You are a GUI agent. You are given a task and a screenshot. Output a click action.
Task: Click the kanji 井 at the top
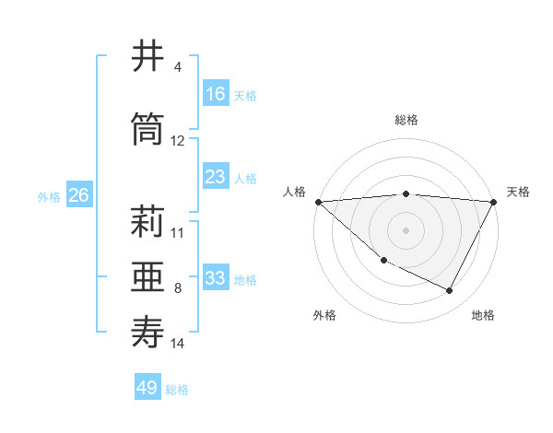[x=148, y=56]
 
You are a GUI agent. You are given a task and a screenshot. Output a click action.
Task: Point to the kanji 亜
[x=148, y=276]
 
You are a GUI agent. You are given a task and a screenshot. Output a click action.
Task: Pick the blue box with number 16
[x=216, y=94]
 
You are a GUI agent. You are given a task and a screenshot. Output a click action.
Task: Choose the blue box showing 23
[x=216, y=177]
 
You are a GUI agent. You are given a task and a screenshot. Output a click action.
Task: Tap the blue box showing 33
[x=216, y=278]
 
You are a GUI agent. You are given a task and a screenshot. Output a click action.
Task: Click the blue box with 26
[x=78, y=195]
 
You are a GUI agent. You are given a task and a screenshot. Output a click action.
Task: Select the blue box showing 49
[x=147, y=388]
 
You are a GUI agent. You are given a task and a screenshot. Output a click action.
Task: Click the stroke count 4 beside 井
[x=178, y=67]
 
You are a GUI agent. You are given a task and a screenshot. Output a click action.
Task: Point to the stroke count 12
[x=178, y=141]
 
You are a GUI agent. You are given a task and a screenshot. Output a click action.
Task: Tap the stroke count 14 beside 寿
[x=178, y=344]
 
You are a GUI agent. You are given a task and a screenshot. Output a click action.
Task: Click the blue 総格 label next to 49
[x=178, y=390]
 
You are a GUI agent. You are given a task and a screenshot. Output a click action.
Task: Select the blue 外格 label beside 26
[x=49, y=197]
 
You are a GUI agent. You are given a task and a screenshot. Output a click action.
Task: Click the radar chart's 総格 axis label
[x=406, y=120]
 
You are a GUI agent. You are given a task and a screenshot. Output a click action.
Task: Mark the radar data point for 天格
[x=495, y=201]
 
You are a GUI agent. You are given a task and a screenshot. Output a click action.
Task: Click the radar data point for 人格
[x=318, y=201]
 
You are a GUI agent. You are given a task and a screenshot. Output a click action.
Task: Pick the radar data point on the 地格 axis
[x=450, y=290]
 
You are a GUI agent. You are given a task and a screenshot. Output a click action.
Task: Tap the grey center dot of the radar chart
[x=406, y=230]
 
